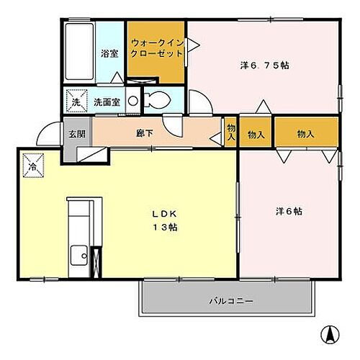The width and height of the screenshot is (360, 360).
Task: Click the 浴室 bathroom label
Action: [109, 53]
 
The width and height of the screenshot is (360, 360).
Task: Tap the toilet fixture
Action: [153, 100]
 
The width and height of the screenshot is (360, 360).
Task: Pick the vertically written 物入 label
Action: [230, 132]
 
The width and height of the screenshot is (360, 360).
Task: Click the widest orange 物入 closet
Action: [306, 133]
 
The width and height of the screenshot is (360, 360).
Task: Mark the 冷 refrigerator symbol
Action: [32, 166]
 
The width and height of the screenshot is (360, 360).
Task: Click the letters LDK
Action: [163, 214]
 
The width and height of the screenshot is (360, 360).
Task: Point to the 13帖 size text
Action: [164, 228]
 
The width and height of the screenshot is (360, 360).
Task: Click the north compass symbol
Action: [329, 335]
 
